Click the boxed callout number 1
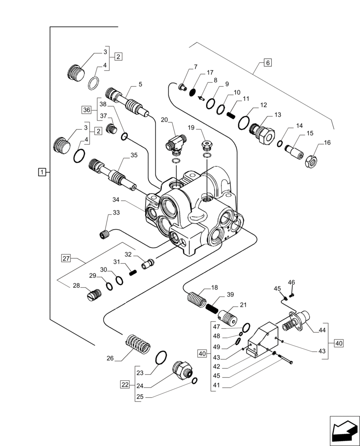[x=41, y=172]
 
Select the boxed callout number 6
[x=267, y=62]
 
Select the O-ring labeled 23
[x=161, y=357]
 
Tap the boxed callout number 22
[x=126, y=384]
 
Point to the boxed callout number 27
[x=66, y=258]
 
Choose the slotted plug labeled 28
[x=94, y=294]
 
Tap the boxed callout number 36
[x=86, y=109]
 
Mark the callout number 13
[x=278, y=115]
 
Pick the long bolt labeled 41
[x=283, y=362]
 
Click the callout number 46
[x=291, y=282]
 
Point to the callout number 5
[x=140, y=84]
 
